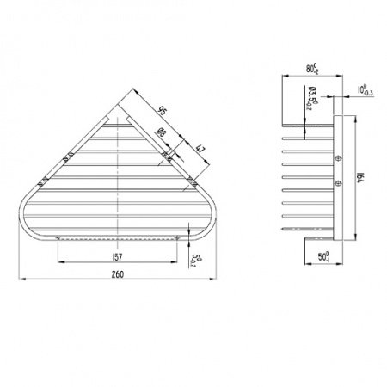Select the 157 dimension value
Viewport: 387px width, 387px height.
[119, 255]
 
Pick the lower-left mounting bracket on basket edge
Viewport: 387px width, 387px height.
[41, 181]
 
